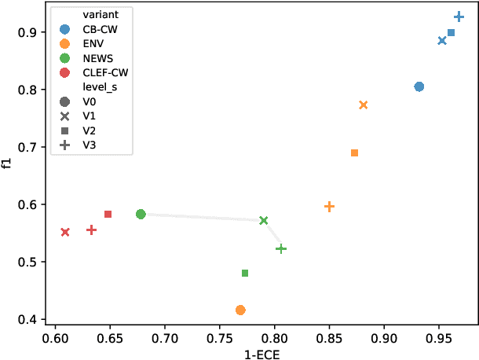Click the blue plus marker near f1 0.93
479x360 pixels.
tap(459, 17)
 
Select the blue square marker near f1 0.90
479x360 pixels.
tap(451, 33)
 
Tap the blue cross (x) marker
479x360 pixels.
tap(442, 41)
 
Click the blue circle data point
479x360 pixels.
tap(419, 86)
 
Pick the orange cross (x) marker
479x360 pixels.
tap(364, 105)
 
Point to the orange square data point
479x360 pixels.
tap(354, 153)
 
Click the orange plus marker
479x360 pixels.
tap(330, 207)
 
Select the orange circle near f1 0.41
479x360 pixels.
tap(240, 310)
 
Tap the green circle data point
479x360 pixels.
tap(141, 214)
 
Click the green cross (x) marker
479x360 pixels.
tap(264, 221)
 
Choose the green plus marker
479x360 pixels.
tap(281, 248)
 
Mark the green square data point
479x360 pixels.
tap(245, 274)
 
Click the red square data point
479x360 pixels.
tap(108, 214)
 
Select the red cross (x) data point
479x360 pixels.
tap(65, 232)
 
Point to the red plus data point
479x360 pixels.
tap(92, 230)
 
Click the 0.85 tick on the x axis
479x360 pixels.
tap(329, 338)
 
